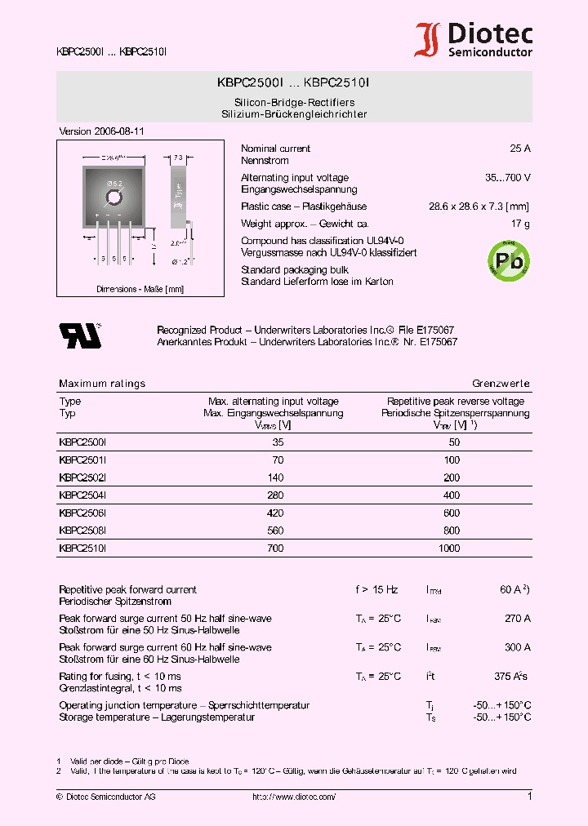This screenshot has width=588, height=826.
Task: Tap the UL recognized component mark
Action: tap(79, 335)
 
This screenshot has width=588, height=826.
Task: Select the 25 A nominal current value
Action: tap(519, 149)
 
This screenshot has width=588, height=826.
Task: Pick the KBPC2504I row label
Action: tap(82, 495)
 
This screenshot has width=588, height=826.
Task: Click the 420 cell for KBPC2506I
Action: tap(275, 513)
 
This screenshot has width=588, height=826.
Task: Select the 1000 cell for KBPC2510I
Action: tap(449, 549)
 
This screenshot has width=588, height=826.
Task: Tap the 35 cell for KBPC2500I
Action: tap(278, 442)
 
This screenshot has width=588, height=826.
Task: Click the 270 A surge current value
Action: tap(518, 619)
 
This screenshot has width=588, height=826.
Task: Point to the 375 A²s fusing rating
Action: tap(511, 677)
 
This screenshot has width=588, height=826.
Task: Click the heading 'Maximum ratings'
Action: tap(102, 384)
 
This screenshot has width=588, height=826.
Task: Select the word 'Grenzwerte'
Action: tap(501, 384)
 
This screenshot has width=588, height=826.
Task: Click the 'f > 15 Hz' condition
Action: tap(376, 589)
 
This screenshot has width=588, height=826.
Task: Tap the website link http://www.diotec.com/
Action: tap(294, 797)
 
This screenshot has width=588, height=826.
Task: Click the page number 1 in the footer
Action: tap(529, 797)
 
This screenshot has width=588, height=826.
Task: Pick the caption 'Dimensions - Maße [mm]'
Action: tap(140, 289)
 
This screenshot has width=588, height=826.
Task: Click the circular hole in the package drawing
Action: tap(114, 197)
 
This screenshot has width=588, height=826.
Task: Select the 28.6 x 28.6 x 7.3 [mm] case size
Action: tap(479, 207)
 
